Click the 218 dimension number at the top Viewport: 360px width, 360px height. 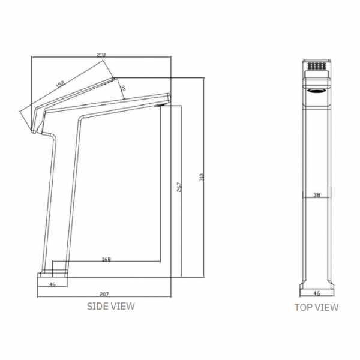click(x=101, y=55)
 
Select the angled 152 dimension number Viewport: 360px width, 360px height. click(x=61, y=85)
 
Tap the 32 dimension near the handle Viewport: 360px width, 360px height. click(x=122, y=88)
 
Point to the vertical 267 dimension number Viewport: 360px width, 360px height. click(x=180, y=186)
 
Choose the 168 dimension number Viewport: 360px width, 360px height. click(x=106, y=260)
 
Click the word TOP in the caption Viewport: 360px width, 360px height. click(x=303, y=307)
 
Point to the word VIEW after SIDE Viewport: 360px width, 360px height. click(x=122, y=306)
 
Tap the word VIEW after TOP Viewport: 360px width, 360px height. click(x=326, y=307)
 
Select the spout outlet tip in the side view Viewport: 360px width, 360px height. click(x=161, y=106)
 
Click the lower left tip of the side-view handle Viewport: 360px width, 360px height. click(x=32, y=132)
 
